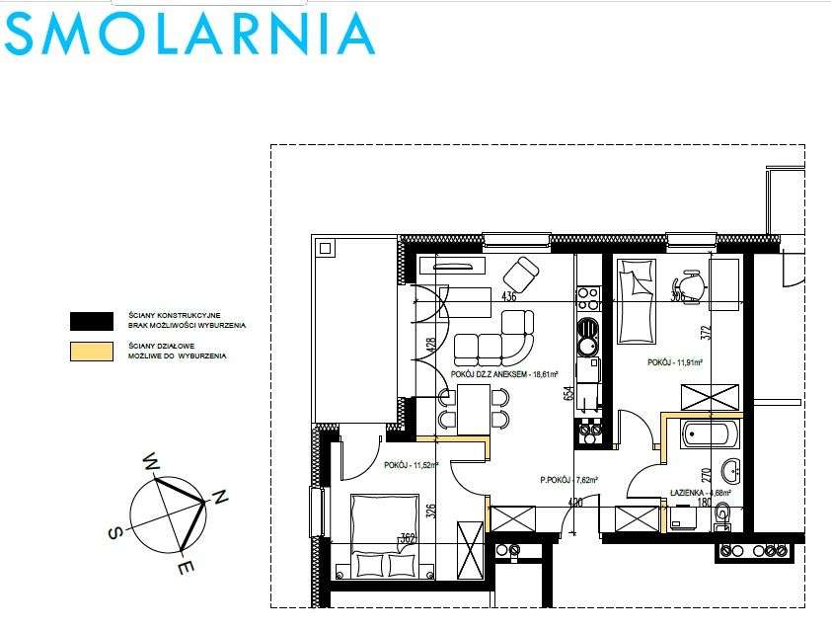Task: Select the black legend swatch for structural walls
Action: (x=91, y=320)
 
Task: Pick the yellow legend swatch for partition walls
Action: (x=91, y=351)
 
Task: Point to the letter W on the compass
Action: (x=152, y=461)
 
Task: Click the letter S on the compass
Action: (x=115, y=532)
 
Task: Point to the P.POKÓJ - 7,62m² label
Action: (x=569, y=481)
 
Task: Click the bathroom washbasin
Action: (x=731, y=468)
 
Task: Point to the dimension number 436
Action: (x=509, y=295)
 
